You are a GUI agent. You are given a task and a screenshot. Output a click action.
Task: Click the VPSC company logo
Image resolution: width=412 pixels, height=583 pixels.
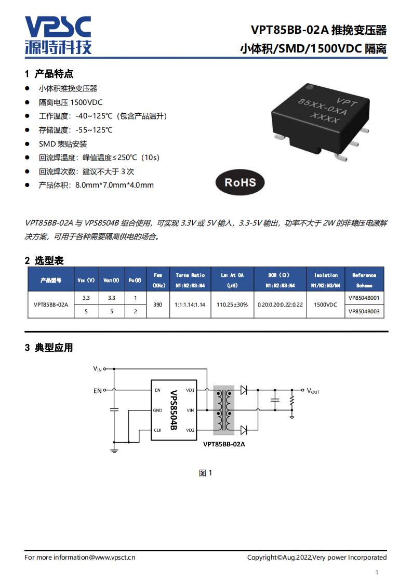coord(58,35)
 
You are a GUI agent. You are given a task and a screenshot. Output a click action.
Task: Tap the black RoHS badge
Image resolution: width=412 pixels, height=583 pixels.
coord(240,182)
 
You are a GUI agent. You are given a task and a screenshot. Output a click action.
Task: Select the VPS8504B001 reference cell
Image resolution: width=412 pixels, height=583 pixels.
coord(364,298)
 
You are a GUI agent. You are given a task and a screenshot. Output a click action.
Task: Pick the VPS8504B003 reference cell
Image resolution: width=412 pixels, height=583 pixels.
coord(364,311)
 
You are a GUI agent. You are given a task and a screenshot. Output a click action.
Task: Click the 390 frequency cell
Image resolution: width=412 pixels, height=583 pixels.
coord(158,305)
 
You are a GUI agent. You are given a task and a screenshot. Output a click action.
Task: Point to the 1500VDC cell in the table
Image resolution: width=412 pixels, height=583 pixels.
coord(326,305)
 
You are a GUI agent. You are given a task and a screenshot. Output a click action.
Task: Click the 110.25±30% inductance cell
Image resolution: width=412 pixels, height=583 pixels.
coord(232,305)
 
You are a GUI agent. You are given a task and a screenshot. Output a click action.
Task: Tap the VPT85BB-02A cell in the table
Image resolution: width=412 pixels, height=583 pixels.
coord(50,305)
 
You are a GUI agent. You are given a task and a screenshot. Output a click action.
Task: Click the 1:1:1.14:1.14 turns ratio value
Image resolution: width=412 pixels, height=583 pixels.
coord(190,305)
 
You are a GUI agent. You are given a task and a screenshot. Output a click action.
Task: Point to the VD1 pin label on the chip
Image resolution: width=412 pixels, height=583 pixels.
coord(190,390)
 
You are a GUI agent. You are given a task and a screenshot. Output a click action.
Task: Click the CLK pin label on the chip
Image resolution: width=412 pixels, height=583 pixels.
coord(157,430)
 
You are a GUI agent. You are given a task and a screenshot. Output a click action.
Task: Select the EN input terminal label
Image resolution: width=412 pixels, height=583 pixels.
coord(97,391)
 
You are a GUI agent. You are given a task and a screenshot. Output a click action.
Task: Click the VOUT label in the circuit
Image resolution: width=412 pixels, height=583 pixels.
coord(313,391)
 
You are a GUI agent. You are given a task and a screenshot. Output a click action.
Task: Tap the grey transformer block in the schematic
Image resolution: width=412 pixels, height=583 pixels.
coord(223,410)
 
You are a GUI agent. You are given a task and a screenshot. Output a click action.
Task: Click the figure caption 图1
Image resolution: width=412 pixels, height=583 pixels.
coord(206,473)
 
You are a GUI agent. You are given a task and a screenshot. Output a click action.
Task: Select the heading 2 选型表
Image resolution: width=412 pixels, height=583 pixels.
coord(44,260)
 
